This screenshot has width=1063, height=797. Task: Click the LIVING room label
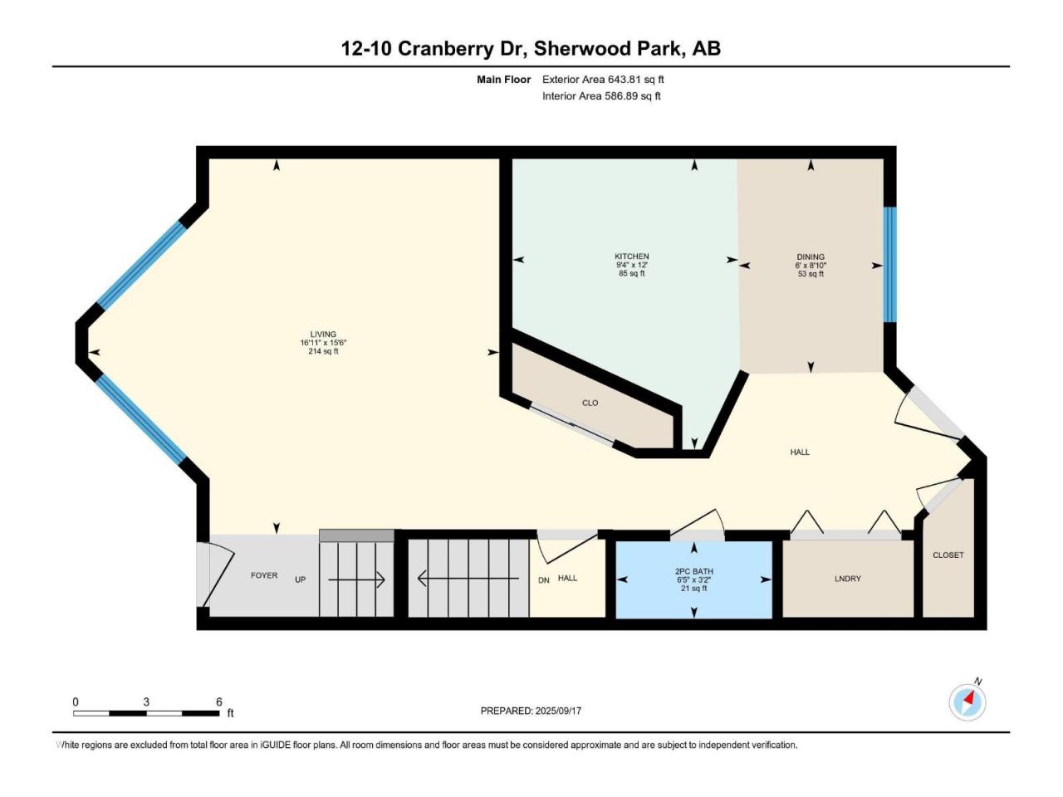pyautogui.click(x=323, y=334)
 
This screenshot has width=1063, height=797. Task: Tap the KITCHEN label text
pyautogui.click(x=631, y=256)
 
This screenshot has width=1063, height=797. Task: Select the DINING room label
pyautogui.click(x=811, y=257)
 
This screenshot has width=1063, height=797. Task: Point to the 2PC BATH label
pyautogui.click(x=695, y=571)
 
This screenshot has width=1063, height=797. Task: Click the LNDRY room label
pyautogui.click(x=848, y=579)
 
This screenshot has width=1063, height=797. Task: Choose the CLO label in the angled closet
pyautogui.click(x=590, y=403)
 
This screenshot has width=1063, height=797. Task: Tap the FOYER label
pyautogui.click(x=264, y=575)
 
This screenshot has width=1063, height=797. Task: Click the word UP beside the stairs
pyautogui.click(x=301, y=579)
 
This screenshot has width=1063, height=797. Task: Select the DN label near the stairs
pyautogui.click(x=544, y=580)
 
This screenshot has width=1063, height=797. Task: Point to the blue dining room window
pyautogui.click(x=889, y=265)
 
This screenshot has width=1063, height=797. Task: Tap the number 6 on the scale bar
pyautogui.click(x=219, y=702)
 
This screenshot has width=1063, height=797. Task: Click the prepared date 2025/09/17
pyautogui.click(x=558, y=711)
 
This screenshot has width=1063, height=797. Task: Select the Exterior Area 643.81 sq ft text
pyautogui.click(x=603, y=80)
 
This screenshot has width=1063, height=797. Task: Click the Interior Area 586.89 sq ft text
pyautogui.click(x=601, y=95)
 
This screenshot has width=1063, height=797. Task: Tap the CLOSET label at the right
pyautogui.click(x=948, y=555)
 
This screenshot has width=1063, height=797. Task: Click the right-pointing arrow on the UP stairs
pyautogui.click(x=356, y=579)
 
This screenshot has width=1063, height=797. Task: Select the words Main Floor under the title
pyautogui.click(x=503, y=80)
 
